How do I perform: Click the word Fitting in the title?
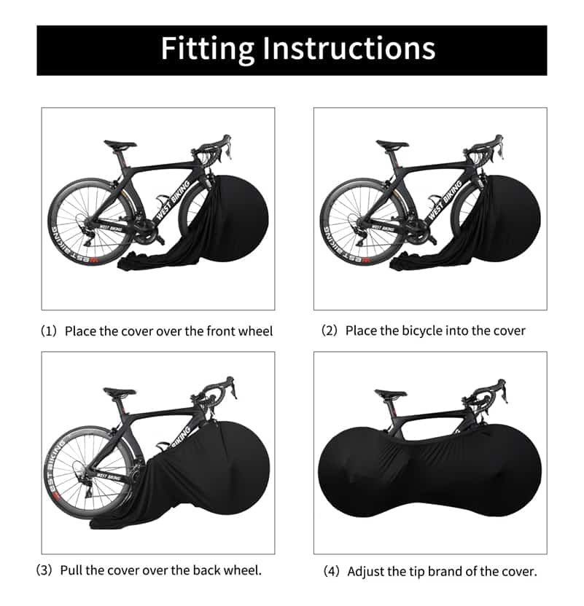pyautogui.click(x=206, y=49)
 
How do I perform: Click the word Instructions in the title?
pyautogui.click(x=349, y=49)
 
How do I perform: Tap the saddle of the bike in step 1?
pyautogui.click(x=120, y=144)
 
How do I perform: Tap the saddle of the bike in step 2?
pyautogui.click(x=392, y=145)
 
